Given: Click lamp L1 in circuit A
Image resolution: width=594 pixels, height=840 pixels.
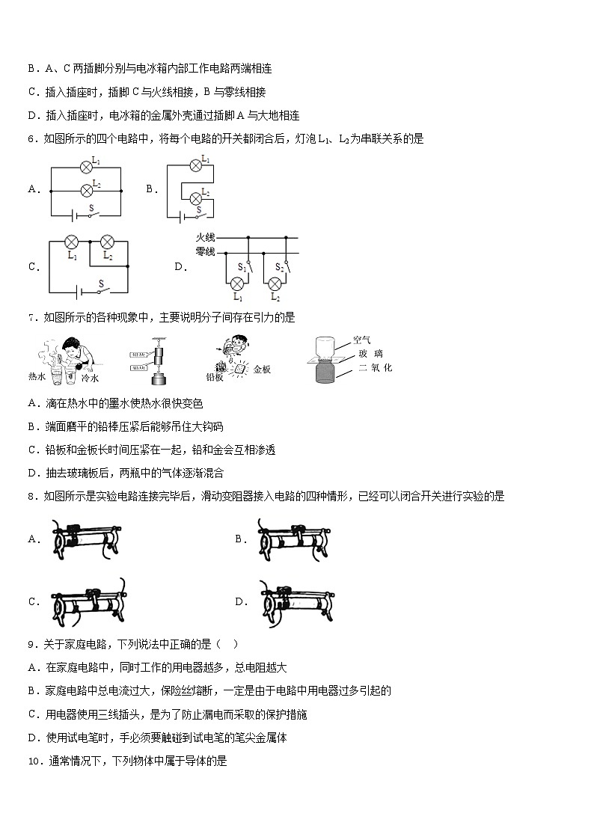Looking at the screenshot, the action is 86,167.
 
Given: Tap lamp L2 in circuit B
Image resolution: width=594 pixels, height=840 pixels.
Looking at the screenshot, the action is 197,198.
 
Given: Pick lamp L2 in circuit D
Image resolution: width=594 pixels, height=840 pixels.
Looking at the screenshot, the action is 275,283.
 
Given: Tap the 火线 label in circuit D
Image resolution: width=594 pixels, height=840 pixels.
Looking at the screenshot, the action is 205,237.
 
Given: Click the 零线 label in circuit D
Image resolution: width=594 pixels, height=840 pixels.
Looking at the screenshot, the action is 205,251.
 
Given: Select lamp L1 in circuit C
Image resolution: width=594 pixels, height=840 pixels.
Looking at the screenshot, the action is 72,242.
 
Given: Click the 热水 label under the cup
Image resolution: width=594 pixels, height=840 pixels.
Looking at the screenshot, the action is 37,376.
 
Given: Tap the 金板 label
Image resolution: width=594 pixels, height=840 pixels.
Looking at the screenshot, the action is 262,370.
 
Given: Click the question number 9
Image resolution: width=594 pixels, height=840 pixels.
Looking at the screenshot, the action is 31,643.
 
